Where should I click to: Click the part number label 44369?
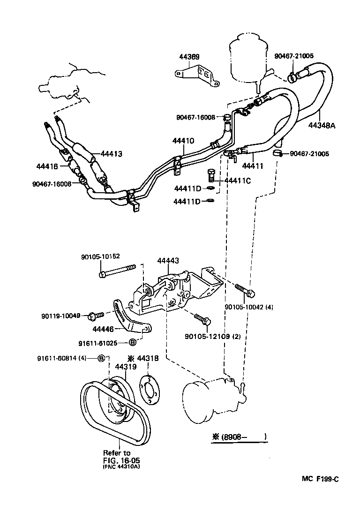(x=189, y=57)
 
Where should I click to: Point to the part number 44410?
(x=183, y=140)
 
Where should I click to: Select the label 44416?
(x=47, y=166)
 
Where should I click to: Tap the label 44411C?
(x=238, y=181)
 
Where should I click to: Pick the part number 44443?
(x=167, y=260)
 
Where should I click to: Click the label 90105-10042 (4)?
(x=249, y=307)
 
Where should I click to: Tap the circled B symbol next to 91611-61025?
(x=133, y=341)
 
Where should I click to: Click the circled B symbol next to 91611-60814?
(x=102, y=358)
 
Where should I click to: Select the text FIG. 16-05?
(x=118, y=460)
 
